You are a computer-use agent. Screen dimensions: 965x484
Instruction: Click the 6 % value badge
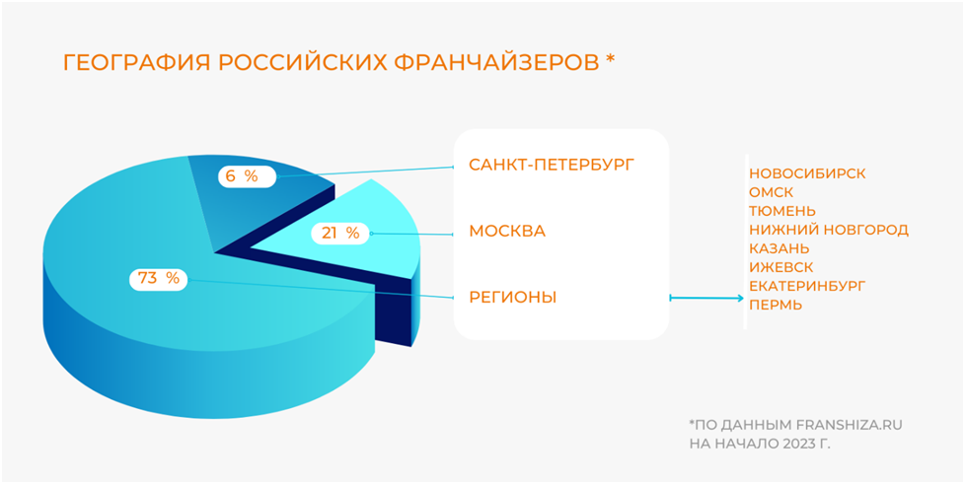coord(246,176)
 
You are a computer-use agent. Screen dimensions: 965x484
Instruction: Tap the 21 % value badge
coord(340,233)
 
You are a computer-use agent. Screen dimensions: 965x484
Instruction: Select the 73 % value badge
coord(158,279)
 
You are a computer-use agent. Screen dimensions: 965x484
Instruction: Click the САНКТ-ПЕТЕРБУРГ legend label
coord(551,165)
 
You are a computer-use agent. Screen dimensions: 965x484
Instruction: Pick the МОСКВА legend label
coord(508,232)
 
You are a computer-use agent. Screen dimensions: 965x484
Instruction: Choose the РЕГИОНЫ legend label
coord(513,298)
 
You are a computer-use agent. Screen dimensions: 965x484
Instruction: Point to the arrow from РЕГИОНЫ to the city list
coord(706,299)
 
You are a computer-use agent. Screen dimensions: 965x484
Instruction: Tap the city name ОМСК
coord(772,192)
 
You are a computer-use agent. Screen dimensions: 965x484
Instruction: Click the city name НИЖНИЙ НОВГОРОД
coord(829,230)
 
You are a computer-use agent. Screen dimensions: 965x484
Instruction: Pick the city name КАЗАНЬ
coord(779,248)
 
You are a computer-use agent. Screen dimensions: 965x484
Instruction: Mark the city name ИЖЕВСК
coord(781,267)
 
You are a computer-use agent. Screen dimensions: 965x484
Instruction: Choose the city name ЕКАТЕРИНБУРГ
coord(807,286)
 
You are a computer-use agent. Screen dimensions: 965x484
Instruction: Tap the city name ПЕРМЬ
coord(776,305)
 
